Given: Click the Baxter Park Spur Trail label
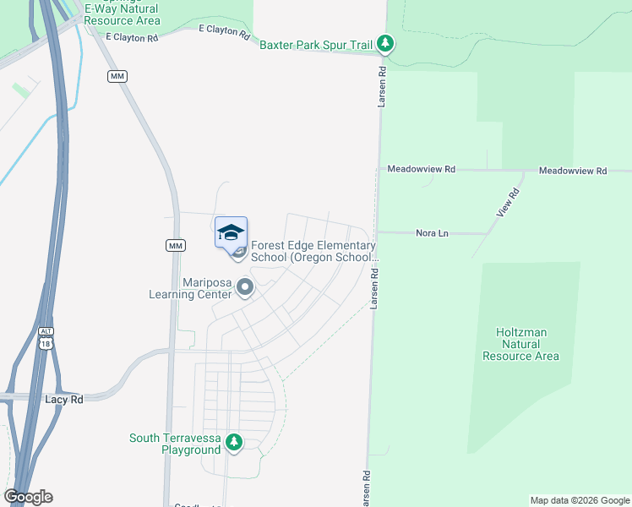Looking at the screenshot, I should pyautogui.click(x=317, y=43).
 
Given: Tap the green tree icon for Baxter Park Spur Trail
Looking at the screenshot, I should pyautogui.click(x=385, y=42).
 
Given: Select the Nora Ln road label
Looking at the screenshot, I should pyautogui.click(x=432, y=232).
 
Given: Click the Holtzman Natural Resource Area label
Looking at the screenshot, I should pyautogui.click(x=520, y=344).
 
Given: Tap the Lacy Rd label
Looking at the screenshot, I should pyautogui.click(x=63, y=399).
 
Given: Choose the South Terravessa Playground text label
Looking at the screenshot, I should pyautogui.click(x=174, y=444).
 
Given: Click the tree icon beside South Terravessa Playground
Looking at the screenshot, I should pyautogui.click(x=234, y=442).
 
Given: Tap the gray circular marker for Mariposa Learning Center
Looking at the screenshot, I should pyautogui.click(x=245, y=288).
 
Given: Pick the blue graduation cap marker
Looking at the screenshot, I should pyautogui.click(x=232, y=232).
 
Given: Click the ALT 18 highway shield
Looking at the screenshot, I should pyautogui.click(x=45, y=338).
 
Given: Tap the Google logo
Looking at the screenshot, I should pyautogui.click(x=28, y=497).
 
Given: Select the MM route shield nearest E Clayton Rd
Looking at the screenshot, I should pyautogui.click(x=117, y=76).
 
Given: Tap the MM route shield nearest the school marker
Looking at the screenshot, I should pyautogui.click(x=175, y=245).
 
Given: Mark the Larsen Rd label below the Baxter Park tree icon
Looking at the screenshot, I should pyautogui.click(x=381, y=86).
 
